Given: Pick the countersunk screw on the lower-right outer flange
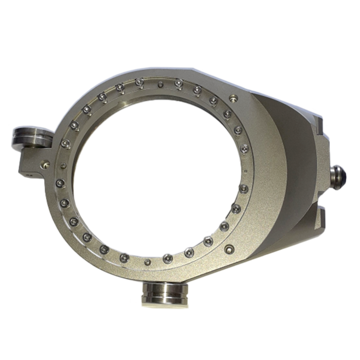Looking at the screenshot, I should pyautogui.click(x=227, y=249).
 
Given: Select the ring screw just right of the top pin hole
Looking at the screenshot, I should pyautogui.click(x=178, y=82).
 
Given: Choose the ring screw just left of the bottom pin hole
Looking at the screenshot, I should pyautogui.click(x=123, y=256).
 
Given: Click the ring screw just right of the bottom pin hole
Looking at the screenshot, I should pyautogui.click(x=167, y=257).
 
